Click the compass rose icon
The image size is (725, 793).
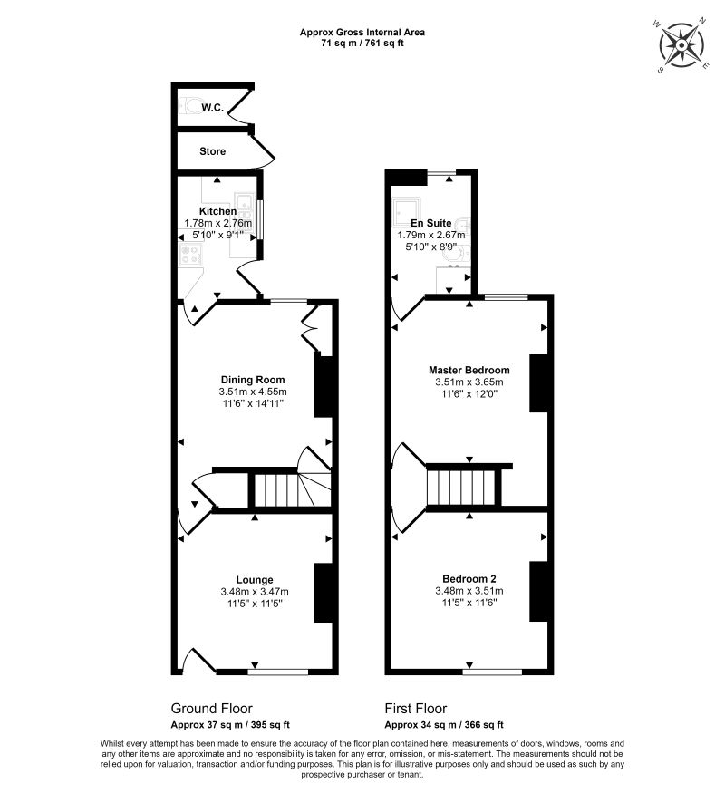tap(682, 45)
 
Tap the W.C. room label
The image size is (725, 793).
tap(212, 108)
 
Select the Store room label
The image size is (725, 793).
tap(212, 151)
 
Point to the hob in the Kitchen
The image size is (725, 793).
tap(190, 254)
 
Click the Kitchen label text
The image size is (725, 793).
tap(217, 211)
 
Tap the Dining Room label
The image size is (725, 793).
tap(253, 380)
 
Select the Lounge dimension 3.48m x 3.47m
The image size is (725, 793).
tap(255, 592)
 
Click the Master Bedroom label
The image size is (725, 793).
tap(469, 370)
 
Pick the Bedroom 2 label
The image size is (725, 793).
tap(469, 579)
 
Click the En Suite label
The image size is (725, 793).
tap(431, 223)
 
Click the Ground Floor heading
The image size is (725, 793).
tap(211, 709)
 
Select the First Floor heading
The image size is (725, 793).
tap(416, 709)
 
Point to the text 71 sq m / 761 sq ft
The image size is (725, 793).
tap(362, 43)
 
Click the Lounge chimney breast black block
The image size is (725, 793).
tap(323, 593)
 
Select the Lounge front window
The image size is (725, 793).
tap(277, 672)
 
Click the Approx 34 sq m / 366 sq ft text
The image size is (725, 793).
tap(444, 725)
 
